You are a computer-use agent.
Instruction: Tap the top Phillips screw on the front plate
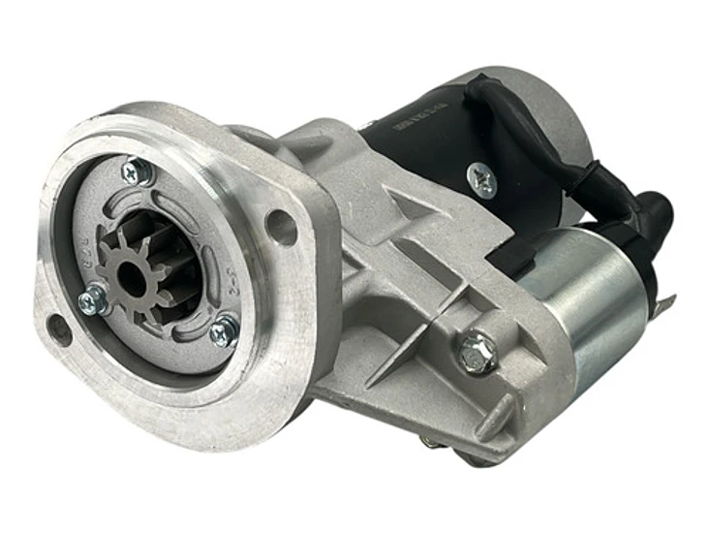tap(136, 172)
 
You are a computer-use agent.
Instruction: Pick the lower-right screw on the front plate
tap(223, 331)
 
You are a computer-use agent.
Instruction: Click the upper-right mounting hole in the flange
tap(281, 227)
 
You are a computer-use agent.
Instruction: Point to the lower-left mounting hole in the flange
tap(59, 329)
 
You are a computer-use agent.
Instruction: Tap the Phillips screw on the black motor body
tap(481, 179)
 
